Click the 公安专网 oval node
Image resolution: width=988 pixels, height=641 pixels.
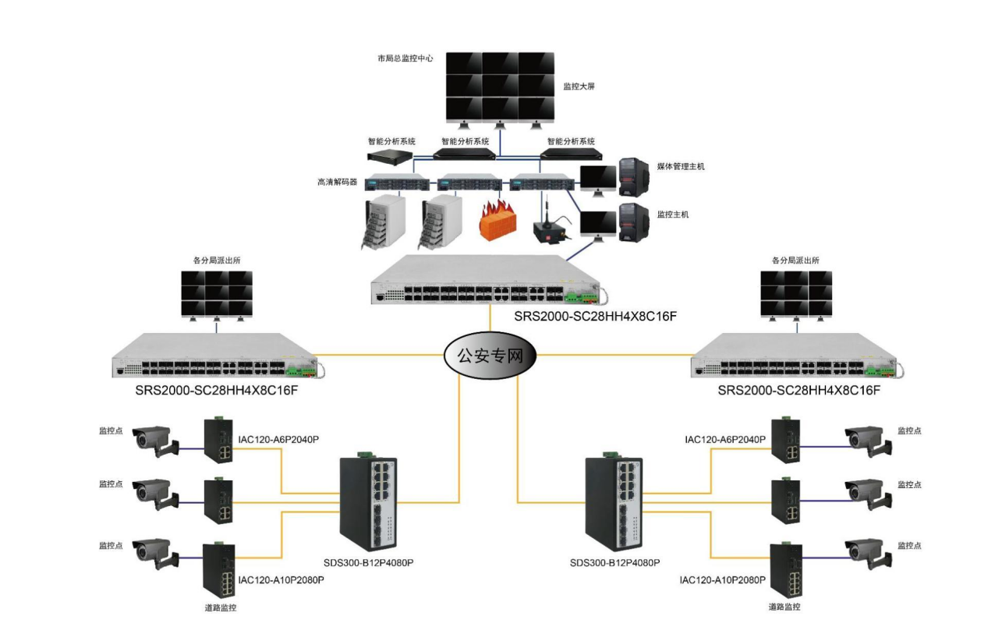[490, 356]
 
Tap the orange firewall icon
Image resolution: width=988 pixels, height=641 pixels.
[498, 220]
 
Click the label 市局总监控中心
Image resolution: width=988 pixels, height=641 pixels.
[405, 58]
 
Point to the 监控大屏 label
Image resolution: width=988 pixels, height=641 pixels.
[579, 87]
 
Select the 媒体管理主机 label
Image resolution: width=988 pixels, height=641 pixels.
[681, 167]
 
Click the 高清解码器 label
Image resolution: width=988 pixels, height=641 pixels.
[338, 182]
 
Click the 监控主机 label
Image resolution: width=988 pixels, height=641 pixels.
[673, 214]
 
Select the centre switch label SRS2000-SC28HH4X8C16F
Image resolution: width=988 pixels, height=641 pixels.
[595, 317]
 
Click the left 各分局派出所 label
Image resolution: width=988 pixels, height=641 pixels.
[217, 260]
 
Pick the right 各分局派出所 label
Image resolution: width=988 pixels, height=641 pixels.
[795, 260]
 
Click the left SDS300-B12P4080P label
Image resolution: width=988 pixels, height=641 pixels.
[368, 563]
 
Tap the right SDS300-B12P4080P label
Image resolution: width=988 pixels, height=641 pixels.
[614, 563]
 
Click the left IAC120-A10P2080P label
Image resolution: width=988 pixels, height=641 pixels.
[281, 580]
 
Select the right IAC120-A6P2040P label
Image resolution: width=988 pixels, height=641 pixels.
[725, 439]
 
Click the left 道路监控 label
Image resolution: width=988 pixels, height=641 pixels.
[221, 607]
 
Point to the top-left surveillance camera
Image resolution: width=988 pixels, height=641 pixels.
[156, 441]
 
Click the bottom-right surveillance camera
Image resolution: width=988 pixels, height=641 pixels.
[868, 554]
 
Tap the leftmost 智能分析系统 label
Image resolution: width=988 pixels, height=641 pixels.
[391, 141]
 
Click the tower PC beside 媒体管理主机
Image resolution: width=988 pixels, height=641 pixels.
[634, 176]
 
